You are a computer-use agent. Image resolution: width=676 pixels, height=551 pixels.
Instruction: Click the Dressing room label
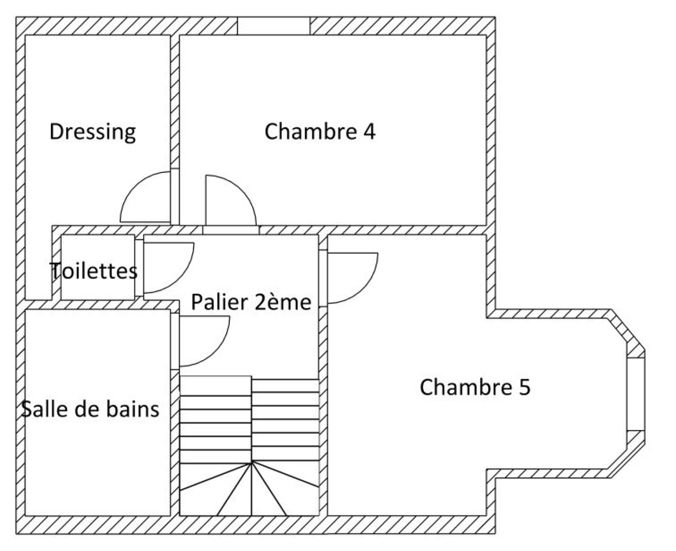click(93, 132)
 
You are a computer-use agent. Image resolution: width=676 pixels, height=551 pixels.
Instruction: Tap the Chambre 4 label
click(320, 132)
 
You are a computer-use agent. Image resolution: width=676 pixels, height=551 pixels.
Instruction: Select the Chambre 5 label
click(475, 387)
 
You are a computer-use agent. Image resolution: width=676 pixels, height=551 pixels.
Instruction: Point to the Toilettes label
click(94, 270)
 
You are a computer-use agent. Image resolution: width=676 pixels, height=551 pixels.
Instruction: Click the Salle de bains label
click(91, 409)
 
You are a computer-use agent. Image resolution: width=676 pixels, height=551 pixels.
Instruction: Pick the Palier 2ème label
click(251, 302)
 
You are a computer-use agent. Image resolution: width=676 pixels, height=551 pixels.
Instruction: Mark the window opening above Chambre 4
click(274, 26)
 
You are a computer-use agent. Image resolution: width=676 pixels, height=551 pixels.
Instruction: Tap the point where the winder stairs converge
click(252, 462)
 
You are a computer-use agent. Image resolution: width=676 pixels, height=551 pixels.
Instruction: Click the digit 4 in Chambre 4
click(369, 132)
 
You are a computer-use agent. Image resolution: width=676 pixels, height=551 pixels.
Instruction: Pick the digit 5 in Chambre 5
click(524, 387)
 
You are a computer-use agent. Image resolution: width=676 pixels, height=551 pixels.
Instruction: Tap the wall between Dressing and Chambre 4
click(174, 102)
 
